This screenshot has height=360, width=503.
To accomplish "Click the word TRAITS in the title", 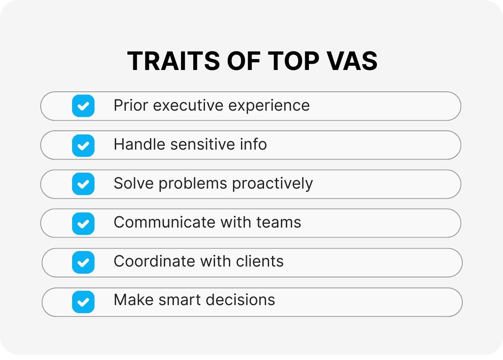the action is tap(174, 61).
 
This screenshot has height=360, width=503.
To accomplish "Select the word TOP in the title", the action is tap(293, 61).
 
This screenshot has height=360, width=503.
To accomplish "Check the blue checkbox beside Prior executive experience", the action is tap(83, 106).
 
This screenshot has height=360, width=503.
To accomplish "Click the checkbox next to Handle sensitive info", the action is tap(83, 145).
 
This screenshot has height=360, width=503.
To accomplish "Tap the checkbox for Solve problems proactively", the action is tap(83, 184).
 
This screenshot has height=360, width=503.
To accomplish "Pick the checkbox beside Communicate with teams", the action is tap(83, 224).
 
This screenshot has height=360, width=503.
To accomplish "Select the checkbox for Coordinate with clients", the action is tap(83, 262).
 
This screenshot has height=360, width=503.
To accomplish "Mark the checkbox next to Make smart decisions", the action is tap(83, 302).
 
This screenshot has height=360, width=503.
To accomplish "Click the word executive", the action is tap(188, 105).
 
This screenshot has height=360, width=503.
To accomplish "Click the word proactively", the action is tap(272, 184).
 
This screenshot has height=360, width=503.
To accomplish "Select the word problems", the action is tap(193, 184).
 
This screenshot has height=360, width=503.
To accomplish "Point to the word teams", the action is tap(279, 223).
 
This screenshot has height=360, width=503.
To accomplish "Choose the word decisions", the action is tap(240, 300).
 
